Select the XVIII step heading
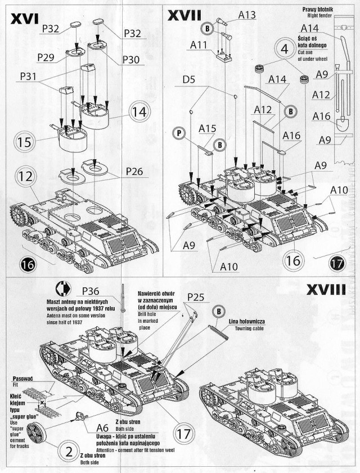[330, 291]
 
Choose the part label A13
[248, 16]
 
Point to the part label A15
[207, 129]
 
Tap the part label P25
[197, 296]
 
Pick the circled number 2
[67, 451]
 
